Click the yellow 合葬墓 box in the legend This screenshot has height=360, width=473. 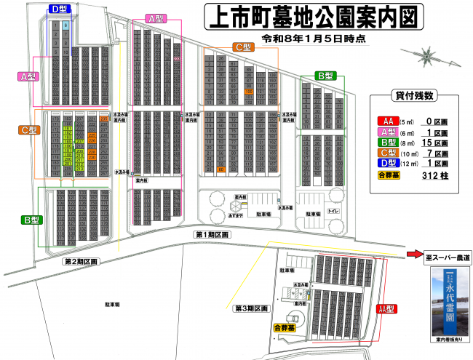coord(389,175)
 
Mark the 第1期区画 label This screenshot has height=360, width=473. coord(212,235)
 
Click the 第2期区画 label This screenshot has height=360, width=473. coord(82,260)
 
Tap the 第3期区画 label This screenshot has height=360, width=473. coord(252,309)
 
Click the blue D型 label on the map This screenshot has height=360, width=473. coord(60,9)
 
